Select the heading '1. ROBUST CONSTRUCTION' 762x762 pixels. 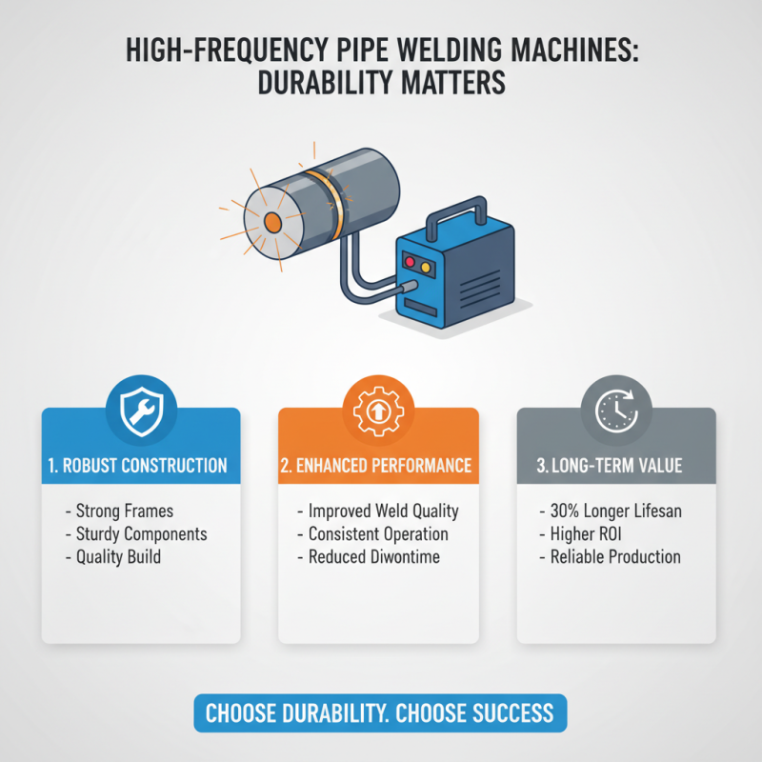pyautogui.click(x=140, y=466)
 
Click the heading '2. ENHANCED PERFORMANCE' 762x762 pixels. pyautogui.click(x=378, y=466)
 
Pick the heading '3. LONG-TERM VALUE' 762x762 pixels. pyautogui.click(x=615, y=466)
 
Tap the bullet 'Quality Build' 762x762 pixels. pyautogui.click(x=118, y=556)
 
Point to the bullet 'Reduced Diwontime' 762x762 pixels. pyautogui.click(x=373, y=556)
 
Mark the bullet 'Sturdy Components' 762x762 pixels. pyautogui.click(x=139, y=534)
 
